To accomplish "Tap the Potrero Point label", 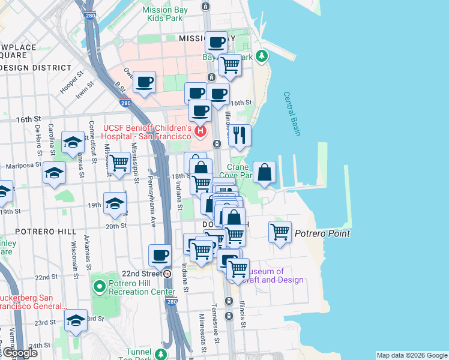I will (322, 233).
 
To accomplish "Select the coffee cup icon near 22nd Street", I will (160, 255).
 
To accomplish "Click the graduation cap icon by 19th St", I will (115, 203).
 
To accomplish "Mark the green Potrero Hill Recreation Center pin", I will (100, 287).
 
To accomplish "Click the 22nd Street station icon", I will (167, 274).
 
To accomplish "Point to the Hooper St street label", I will (70, 85).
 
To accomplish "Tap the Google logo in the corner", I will (19, 353).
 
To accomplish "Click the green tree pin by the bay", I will (261, 56).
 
